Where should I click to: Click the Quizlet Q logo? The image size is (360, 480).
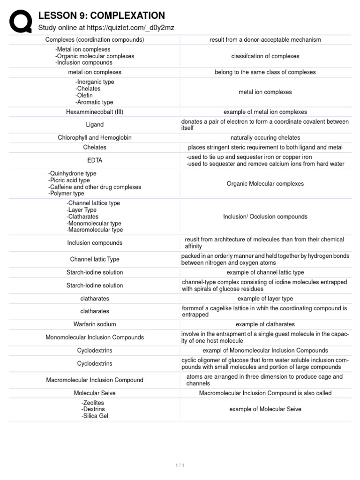pyautogui.click(x=20, y=22)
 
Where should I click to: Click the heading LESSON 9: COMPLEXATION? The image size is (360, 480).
pyautogui.click(x=101, y=16)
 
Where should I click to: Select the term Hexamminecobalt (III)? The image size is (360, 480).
pyautogui.click(x=95, y=112)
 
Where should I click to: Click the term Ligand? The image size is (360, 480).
pyautogui.click(x=95, y=125)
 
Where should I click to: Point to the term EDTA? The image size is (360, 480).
pyautogui.click(x=95, y=160)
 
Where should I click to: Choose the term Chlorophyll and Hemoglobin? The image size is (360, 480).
pyautogui.click(x=95, y=138)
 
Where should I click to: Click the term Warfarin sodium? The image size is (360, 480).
pyautogui.click(x=95, y=324)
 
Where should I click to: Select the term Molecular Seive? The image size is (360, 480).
pyautogui.click(x=95, y=393)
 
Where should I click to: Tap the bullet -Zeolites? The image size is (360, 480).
pyautogui.click(x=92, y=403)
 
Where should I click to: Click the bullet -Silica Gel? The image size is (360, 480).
pyautogui.click(x=94, y=416)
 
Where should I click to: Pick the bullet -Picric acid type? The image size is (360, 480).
pyautogui.click(x=69, y=180)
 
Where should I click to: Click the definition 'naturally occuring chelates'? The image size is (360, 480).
pyautogui.click(x=265, y=138)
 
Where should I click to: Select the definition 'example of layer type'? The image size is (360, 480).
pyautogui.click(x=265, y=299)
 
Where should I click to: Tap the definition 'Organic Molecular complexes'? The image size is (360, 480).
pyautogui.click(x=265, y=184)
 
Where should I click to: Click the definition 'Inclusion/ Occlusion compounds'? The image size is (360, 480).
pyautogui.click(x=265, y=217)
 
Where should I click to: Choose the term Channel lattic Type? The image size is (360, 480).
pyautogui.click(x=95, y=259)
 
